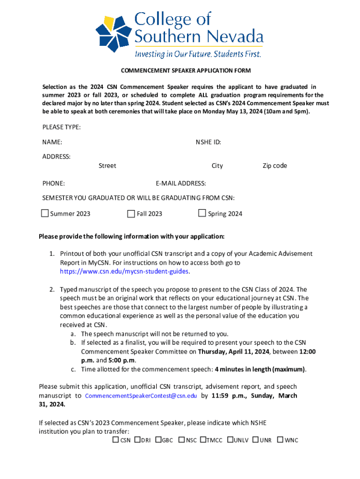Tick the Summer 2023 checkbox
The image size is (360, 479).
click(45, 214)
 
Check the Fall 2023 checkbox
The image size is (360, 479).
click(131, 214)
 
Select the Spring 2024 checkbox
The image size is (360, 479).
click(202, 213)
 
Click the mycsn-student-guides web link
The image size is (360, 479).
click(124, 271)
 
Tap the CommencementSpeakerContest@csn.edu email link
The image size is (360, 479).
click(141, 396)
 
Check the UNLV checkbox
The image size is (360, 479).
click(230, 440)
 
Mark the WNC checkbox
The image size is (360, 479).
click(280, 440)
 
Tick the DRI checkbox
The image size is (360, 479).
click(137, 440)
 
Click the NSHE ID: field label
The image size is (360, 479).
click(208, 142)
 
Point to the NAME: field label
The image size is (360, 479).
click(52, 142)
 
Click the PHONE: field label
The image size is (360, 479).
click(53, 183)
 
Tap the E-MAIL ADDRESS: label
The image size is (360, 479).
click(181, 183)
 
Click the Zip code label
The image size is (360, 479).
click(274, 166)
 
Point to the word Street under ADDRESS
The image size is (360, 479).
click(107, 166)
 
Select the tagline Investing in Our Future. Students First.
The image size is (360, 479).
click(198, 54)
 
